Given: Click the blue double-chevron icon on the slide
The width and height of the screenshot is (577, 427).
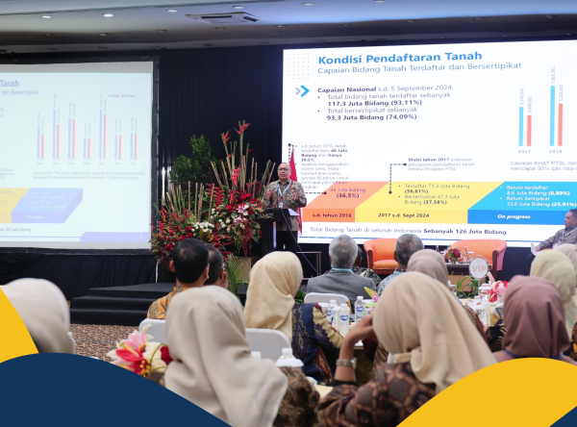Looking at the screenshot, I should tap(302, 91).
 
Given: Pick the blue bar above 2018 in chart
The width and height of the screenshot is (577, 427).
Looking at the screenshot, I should tap(552, 115).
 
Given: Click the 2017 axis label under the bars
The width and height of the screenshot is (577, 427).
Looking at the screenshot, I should tap(525, 151).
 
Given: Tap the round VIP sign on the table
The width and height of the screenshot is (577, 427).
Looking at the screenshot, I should tap(478, 266).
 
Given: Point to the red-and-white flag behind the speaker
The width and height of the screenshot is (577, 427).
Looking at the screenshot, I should tap(292, 163).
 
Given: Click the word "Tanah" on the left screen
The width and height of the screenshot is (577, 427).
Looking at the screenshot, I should tap(10, 84).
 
